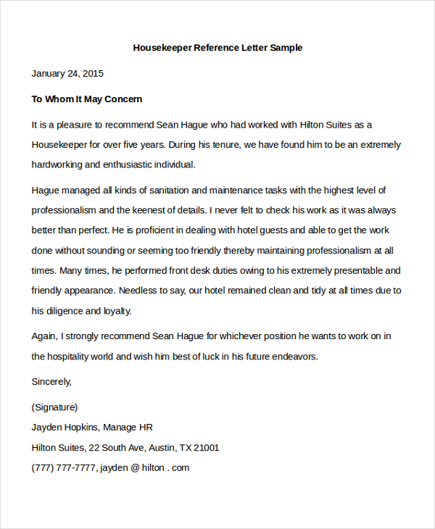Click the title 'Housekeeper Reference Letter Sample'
217,48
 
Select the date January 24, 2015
67,73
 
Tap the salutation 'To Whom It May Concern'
87,99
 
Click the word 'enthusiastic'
134,164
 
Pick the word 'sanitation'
162,191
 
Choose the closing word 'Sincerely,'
52,381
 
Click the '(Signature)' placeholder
54,407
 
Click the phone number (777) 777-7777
63,468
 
